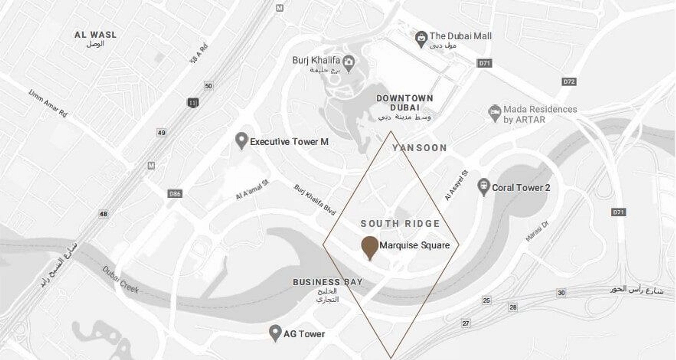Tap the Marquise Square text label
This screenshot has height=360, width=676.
tap(414, 245)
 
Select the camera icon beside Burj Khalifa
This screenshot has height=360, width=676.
tap(348, 62)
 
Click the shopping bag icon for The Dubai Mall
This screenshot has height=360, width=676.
tap(421, 37)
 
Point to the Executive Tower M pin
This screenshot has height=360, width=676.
tap(241, 141)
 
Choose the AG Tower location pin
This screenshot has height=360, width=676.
tap(276, 333)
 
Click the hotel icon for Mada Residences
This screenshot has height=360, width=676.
tap(494, 112)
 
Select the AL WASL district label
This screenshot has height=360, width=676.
tap(96, 35)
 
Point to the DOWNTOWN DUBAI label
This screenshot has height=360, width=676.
tap(405, 103)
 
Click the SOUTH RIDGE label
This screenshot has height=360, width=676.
tap(400, 223)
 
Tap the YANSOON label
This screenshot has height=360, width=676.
tap(419, 148)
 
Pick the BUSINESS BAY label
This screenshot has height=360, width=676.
tap(327, 282)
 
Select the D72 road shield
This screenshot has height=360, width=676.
tap(569, 81)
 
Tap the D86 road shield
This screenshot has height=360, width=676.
tap(175, 193)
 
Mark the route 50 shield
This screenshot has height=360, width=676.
tap(208, 86)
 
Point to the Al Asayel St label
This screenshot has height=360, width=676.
tap(456, 185)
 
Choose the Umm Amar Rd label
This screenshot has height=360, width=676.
tap(48, 103)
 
